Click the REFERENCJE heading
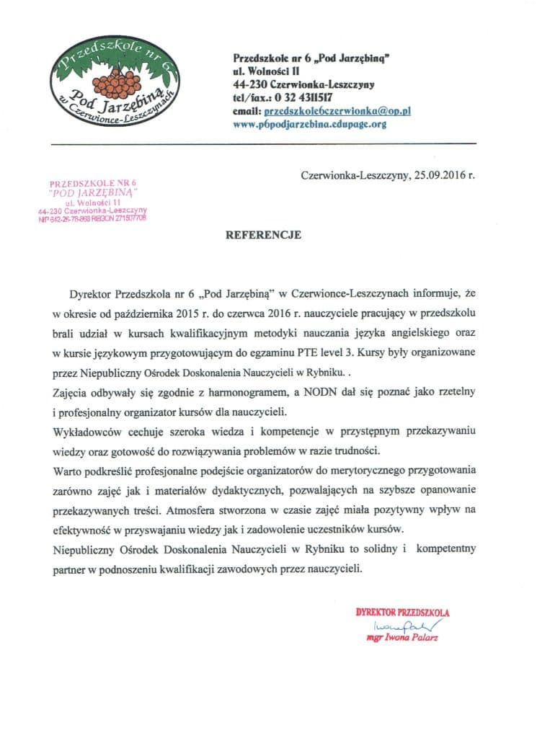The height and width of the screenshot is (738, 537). pos(265,235)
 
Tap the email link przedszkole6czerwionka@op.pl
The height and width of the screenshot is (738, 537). pos(338,111)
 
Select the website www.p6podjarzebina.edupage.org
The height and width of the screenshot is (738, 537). pos(310,124)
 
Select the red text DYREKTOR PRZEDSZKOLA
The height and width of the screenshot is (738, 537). pos(402,612)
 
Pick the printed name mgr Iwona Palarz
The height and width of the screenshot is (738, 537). pos(402,639)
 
